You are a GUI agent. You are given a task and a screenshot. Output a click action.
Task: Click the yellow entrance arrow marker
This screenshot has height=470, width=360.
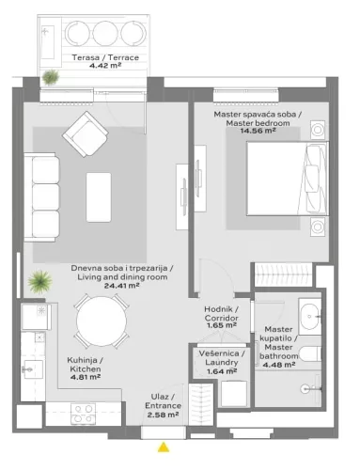164,446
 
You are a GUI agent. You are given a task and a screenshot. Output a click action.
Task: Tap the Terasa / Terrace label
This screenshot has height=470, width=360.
105,57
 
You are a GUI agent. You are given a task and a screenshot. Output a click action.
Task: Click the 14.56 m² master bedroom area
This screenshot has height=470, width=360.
257,132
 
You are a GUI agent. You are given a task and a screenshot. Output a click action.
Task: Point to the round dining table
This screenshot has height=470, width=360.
102,321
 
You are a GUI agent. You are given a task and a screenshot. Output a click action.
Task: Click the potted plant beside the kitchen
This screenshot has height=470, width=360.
39,280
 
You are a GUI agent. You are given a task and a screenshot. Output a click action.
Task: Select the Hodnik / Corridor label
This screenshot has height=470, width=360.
222,313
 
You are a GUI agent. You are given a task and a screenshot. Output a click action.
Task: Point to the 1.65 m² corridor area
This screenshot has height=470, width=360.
222,324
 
